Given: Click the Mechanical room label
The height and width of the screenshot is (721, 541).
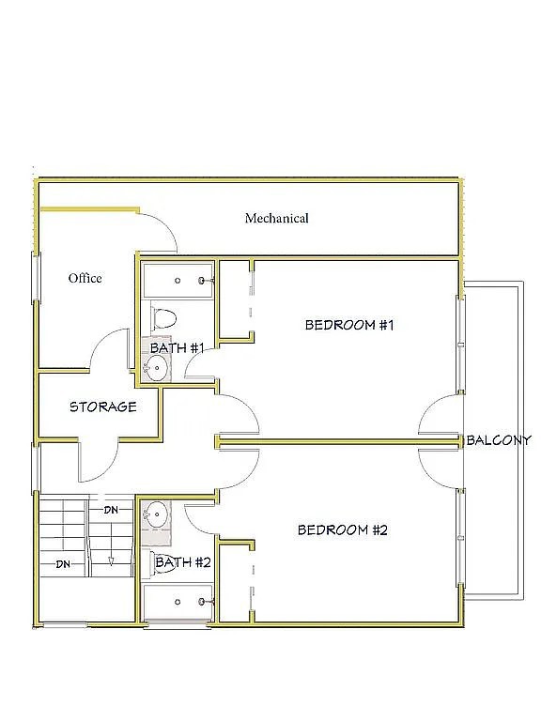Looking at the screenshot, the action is (x=276, y=218).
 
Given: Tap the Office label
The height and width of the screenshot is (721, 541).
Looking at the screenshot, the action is (x=85, y=278).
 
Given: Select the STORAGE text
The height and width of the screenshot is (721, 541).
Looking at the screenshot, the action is (x=103, y=407).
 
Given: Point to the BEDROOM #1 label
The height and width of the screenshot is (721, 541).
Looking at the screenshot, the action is (x=349, y=325).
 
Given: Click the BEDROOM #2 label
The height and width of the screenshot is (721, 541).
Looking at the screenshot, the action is (x=342, y=529).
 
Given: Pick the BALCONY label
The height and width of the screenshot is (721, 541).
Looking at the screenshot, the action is (x=499, y=440).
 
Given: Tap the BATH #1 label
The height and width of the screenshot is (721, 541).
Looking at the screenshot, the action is (x=178, y=348).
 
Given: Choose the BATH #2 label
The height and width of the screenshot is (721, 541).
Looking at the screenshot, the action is (x=183, y=562).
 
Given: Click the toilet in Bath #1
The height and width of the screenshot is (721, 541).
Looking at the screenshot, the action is (x=163, y=316).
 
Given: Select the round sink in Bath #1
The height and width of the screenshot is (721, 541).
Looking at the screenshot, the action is (x=157, y=368).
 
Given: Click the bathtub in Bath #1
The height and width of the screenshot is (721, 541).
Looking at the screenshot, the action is (x=178, y=280).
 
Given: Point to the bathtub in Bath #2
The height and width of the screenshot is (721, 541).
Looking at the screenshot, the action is (x=178, y=602).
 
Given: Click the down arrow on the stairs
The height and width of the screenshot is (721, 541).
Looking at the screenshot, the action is (x=111, y=561).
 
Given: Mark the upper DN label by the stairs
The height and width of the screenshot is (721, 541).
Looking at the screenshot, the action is (x=111, y=510).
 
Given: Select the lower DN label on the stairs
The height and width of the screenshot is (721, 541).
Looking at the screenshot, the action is (x=63, y=563).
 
